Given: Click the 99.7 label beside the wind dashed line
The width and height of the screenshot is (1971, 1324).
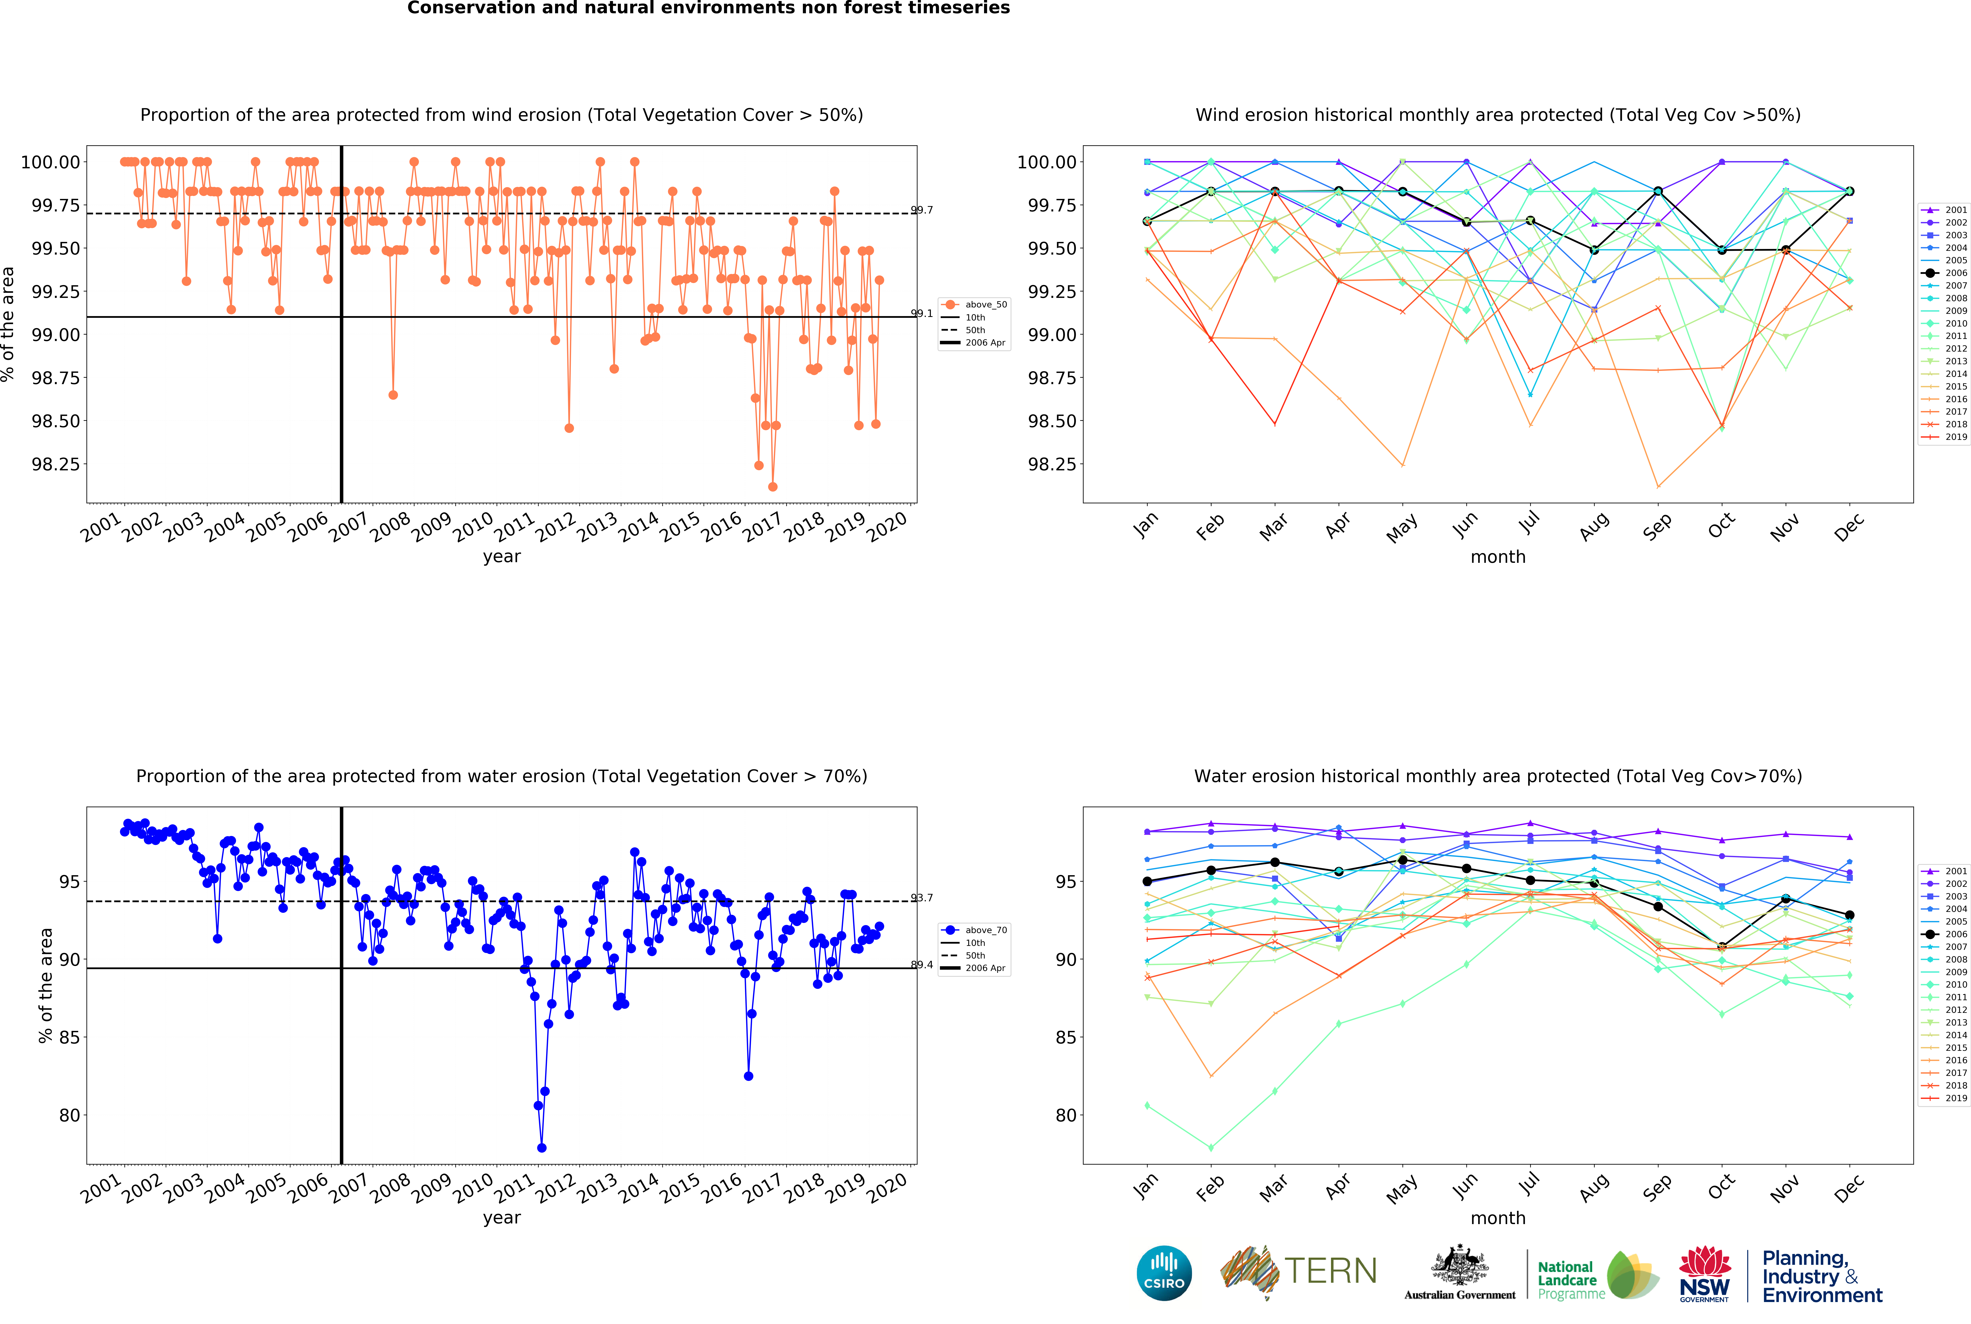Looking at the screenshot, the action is pyautogui.click(x=921, y=210).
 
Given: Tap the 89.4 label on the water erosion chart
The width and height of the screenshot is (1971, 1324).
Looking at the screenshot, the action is pyautogui.click(x=921, y=965).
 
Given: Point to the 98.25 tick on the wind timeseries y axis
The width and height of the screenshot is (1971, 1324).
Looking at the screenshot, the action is pyautogui.click(x=56, y=464).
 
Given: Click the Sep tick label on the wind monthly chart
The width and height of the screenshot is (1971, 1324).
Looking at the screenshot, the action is pyautogui.click(x=1657, y=526).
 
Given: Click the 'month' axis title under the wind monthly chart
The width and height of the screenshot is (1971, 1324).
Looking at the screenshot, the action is pyautogui.click(x=1498, y=557).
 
